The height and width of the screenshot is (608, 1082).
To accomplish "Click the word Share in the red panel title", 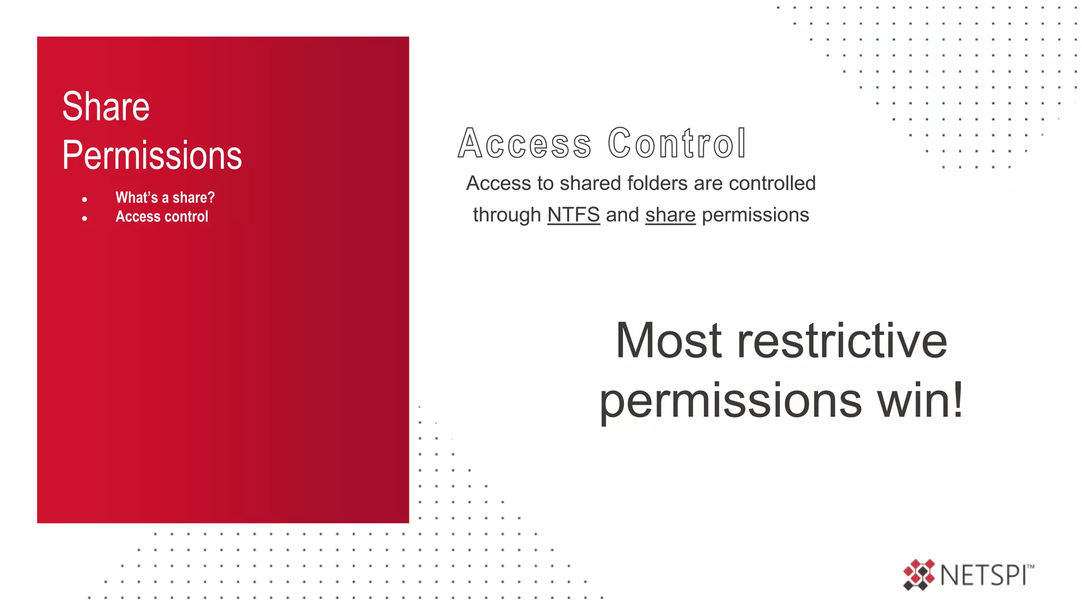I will [x=106, y=107].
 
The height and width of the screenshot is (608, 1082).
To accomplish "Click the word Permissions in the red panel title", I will [x=152, y=156].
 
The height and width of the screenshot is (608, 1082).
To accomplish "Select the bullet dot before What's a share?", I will [x=85, y=199].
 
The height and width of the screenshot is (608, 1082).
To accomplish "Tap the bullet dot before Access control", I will [x=85, y=218].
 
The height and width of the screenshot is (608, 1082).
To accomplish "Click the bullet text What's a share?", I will [x=165, y=197].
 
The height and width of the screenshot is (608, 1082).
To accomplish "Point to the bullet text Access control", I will [x=162, y=216].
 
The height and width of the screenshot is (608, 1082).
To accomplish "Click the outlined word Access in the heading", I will [x=525, y=144].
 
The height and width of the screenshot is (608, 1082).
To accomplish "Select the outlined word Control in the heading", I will [x=677, y=144].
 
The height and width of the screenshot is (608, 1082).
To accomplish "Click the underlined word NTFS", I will [x=573, y=215].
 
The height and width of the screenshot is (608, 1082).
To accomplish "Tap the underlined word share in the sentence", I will [x=670, y=215].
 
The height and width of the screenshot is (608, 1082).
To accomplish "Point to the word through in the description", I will [x=507, y=215].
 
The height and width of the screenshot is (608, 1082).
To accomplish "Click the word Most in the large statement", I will [x=668, y=341].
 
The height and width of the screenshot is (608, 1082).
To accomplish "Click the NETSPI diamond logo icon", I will [x=919, y=574].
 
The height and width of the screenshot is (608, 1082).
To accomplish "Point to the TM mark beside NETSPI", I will [x=1031, y=567].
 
